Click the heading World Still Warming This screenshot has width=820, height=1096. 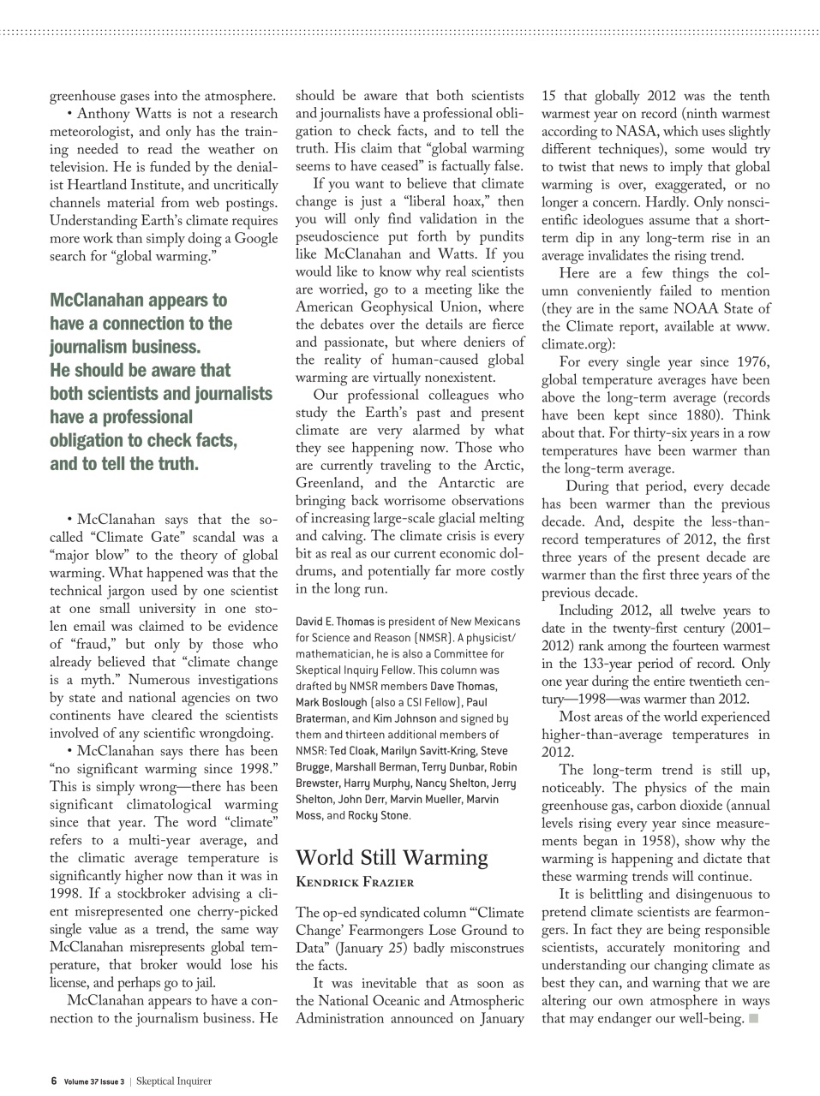click(x=392, y=858)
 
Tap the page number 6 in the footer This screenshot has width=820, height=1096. click(x=53, y=1081)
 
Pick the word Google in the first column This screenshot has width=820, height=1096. click(x=255, y=238)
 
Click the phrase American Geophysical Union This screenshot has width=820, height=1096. click(x=409, y=307)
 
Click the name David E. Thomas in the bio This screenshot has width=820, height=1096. click(x=334, y=622)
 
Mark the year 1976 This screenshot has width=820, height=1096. click(x=749, y=362)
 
